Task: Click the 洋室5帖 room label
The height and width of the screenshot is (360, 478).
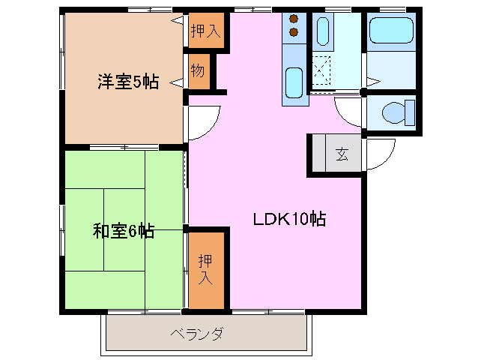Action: (x=127, y=82)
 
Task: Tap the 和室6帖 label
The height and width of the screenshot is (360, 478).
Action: (x=124, y=231)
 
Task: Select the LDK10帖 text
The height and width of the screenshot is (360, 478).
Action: (x=288, y=220)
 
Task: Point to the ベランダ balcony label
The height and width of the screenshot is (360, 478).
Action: (x=196, y=334)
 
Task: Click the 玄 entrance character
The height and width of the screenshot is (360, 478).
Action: (x=342, y=154)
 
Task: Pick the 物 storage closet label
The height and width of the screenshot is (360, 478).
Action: (x=197, y=72)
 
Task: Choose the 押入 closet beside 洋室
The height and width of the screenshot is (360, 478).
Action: (x=205, y=31)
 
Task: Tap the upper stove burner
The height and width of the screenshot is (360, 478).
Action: (x=294, y=18)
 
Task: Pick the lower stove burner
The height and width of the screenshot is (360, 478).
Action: (x=294, y=32)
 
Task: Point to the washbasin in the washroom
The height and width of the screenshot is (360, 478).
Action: (x=322, y=31)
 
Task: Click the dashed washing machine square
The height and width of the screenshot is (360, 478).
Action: (x=322, y=70)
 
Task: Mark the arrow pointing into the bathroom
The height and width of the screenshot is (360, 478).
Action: (x=372, y=78)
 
